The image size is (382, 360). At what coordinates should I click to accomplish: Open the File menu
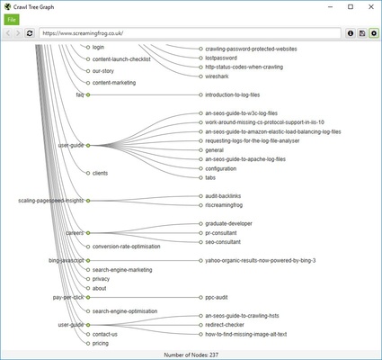[x=11, y=19]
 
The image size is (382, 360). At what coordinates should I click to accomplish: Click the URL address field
[x=180, y=33]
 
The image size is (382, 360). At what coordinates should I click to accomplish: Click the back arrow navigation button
[x=8, y=33]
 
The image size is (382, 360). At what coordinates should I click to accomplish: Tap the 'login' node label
[x=99, y=46]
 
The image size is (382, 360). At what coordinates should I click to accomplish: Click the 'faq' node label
[x=79, y=94]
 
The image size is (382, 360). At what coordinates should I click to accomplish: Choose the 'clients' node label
[x=102, y=172]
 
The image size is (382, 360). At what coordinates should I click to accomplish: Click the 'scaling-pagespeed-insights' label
[x=50, y=200]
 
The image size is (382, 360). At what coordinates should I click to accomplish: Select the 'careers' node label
[x=75, y=232]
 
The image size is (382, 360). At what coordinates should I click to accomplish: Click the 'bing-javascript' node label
[x=66, y=260]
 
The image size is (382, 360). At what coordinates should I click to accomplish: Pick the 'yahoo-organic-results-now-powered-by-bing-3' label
[x=260, y=260]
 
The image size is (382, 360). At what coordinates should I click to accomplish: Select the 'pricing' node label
[x=101, y=343]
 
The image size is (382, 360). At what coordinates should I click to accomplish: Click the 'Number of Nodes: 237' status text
[x=191, y=354]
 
